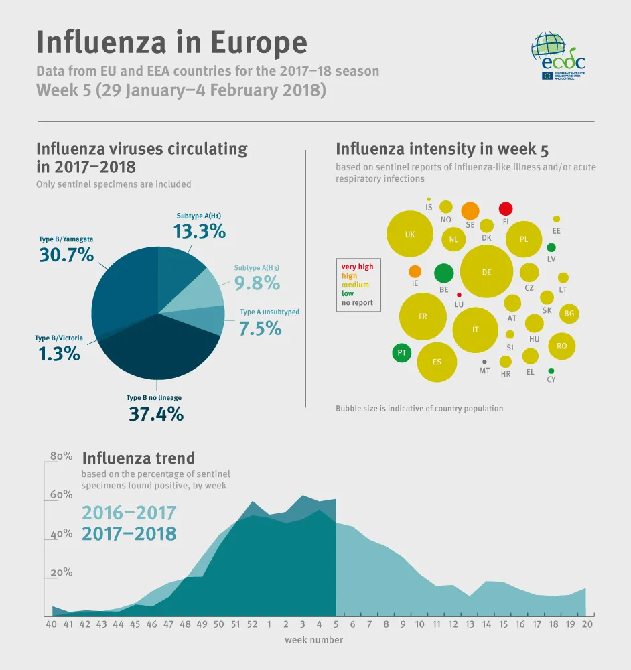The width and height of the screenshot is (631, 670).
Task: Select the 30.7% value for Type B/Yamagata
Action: [65, 255]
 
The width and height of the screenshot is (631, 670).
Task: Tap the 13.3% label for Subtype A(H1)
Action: [199, 231]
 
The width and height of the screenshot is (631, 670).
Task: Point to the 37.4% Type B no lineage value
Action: [156, 414]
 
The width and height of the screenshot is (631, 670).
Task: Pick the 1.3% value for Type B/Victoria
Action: [59, 353]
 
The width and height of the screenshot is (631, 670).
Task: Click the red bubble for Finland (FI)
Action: [506, 208]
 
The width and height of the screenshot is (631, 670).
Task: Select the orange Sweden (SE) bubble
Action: [470, 210]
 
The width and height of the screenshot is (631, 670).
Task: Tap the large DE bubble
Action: [487, 271]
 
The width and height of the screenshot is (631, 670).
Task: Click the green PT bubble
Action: [401, 352]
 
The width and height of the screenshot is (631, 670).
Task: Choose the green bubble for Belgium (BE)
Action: [443, 273]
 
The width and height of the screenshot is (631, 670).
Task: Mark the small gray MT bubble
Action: [484, 362]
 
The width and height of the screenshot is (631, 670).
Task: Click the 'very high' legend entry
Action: [358, 267]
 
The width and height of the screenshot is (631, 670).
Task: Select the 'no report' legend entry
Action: [357, 303]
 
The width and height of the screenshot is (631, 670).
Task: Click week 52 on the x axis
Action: [252, 624]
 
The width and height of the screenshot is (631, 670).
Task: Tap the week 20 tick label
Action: [586, 624]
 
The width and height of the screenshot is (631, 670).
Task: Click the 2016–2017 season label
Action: [129, 513]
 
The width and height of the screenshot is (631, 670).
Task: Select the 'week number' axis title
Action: [313, 640]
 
